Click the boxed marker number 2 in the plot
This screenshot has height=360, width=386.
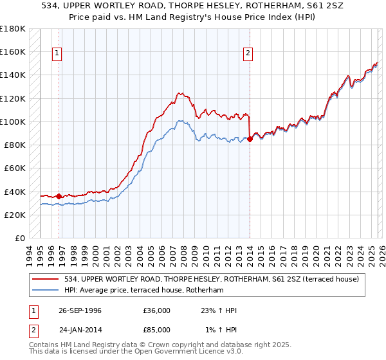point(248,54)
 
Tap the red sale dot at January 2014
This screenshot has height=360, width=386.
point(250,138)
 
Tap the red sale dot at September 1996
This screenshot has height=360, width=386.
point(59,196)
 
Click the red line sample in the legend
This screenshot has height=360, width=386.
point(46,279)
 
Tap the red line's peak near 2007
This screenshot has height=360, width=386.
point(179,93)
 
